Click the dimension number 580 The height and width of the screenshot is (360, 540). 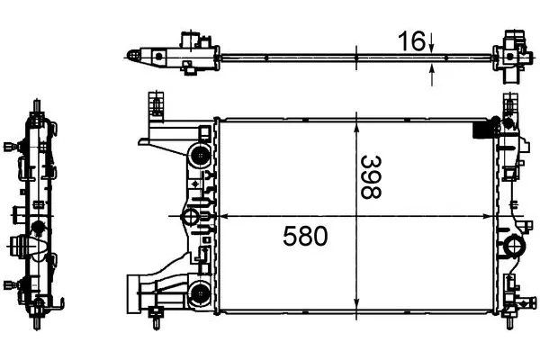(305, 236)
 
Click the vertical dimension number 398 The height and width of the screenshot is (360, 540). (371, 177)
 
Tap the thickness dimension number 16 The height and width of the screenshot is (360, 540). (411, 41)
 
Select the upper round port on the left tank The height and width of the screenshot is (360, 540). (200, 156)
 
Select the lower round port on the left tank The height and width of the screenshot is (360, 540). (200, 293)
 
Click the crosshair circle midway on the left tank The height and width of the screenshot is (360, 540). (189, 217)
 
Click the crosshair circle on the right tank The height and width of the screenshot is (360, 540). (515, 246)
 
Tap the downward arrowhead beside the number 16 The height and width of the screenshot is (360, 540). (432, 49)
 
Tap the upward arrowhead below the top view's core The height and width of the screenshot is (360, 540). (432, 69)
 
